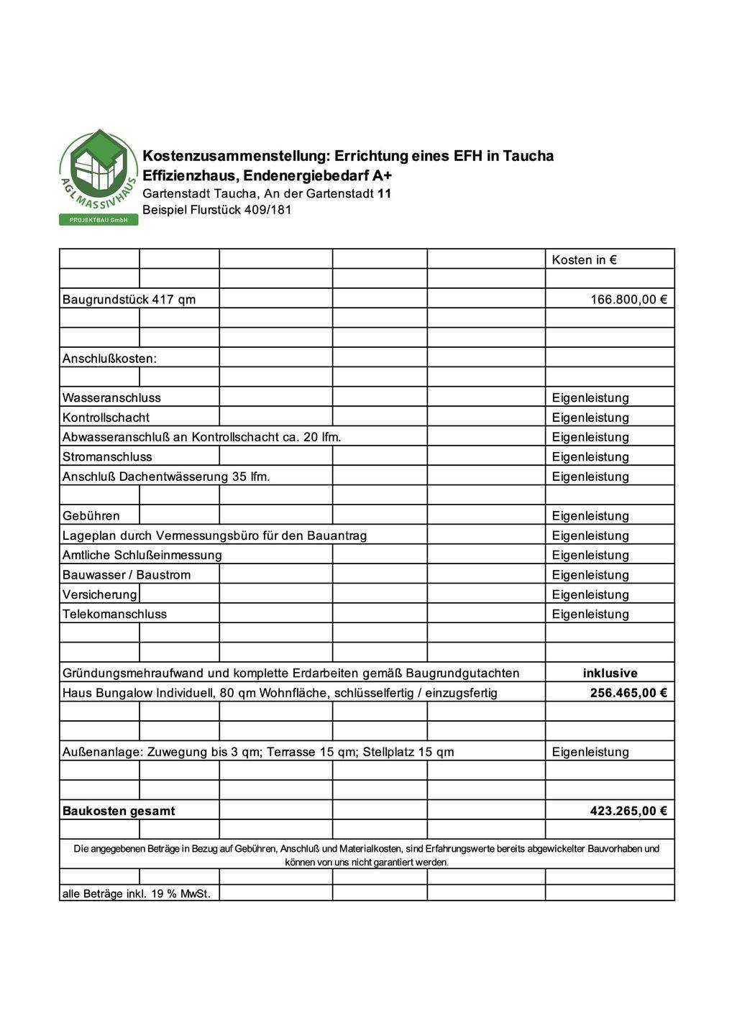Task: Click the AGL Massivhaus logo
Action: [x=99, y=177]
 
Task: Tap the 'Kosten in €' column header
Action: [x=584, y=260]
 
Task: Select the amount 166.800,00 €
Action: [x=628, y=300]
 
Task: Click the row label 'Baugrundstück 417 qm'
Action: [x=129, y=300]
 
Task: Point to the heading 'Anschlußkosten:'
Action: [x=109, y=359]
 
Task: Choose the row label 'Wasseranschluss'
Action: [x=111, y=398]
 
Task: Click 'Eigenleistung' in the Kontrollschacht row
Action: [x=590, y=418]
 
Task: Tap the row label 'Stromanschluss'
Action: [x=107, y=457]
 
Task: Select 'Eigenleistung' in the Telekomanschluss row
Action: [x=590, y=615]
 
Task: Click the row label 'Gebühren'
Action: [x=91, y=516]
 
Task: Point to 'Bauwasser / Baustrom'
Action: [x=127, y=575]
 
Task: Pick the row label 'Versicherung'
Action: [x=100, y=594]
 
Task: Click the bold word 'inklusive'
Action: [x=610, y=673]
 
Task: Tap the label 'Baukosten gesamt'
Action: [x=119, y=811]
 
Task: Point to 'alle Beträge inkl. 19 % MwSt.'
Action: [x=137, y=894]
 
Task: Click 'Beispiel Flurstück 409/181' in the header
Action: [x=217, y=210]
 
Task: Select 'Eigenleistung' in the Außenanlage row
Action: [x=590, y=752]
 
